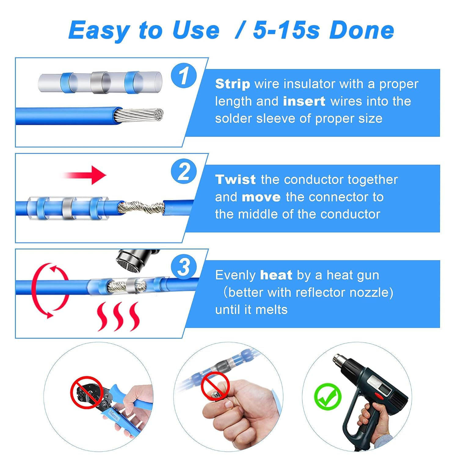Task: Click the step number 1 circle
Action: coord(184,75)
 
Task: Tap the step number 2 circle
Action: coord(184,171)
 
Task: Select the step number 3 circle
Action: coord(184,267)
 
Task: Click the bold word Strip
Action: coord(232,84)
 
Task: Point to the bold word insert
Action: coord(304,101)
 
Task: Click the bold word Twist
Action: coord(235,180)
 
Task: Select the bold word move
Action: coord(261,197)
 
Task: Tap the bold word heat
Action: coord(276,275)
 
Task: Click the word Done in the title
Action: coord(362,31)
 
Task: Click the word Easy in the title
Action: coord(99,31)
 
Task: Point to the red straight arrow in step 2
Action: coord(85,175)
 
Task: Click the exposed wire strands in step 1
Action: coord(140,115)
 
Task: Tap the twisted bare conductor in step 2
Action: coord(141,207)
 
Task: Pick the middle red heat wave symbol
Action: coord(118,317)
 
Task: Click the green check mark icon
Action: coord(328,397)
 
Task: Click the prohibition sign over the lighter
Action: coord(215,386)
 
